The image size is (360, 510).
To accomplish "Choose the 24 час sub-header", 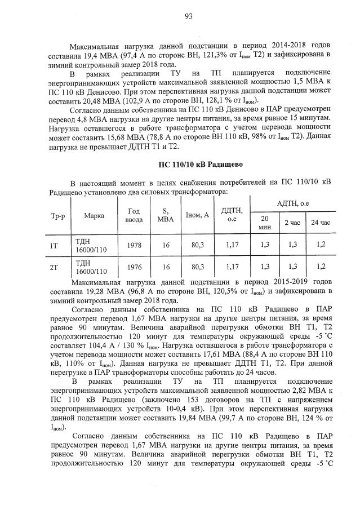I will click(x=321, y=223).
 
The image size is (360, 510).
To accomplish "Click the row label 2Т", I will click(x=55, y=267).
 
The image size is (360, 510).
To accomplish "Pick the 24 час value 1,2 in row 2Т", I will click(x=321, y=267).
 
